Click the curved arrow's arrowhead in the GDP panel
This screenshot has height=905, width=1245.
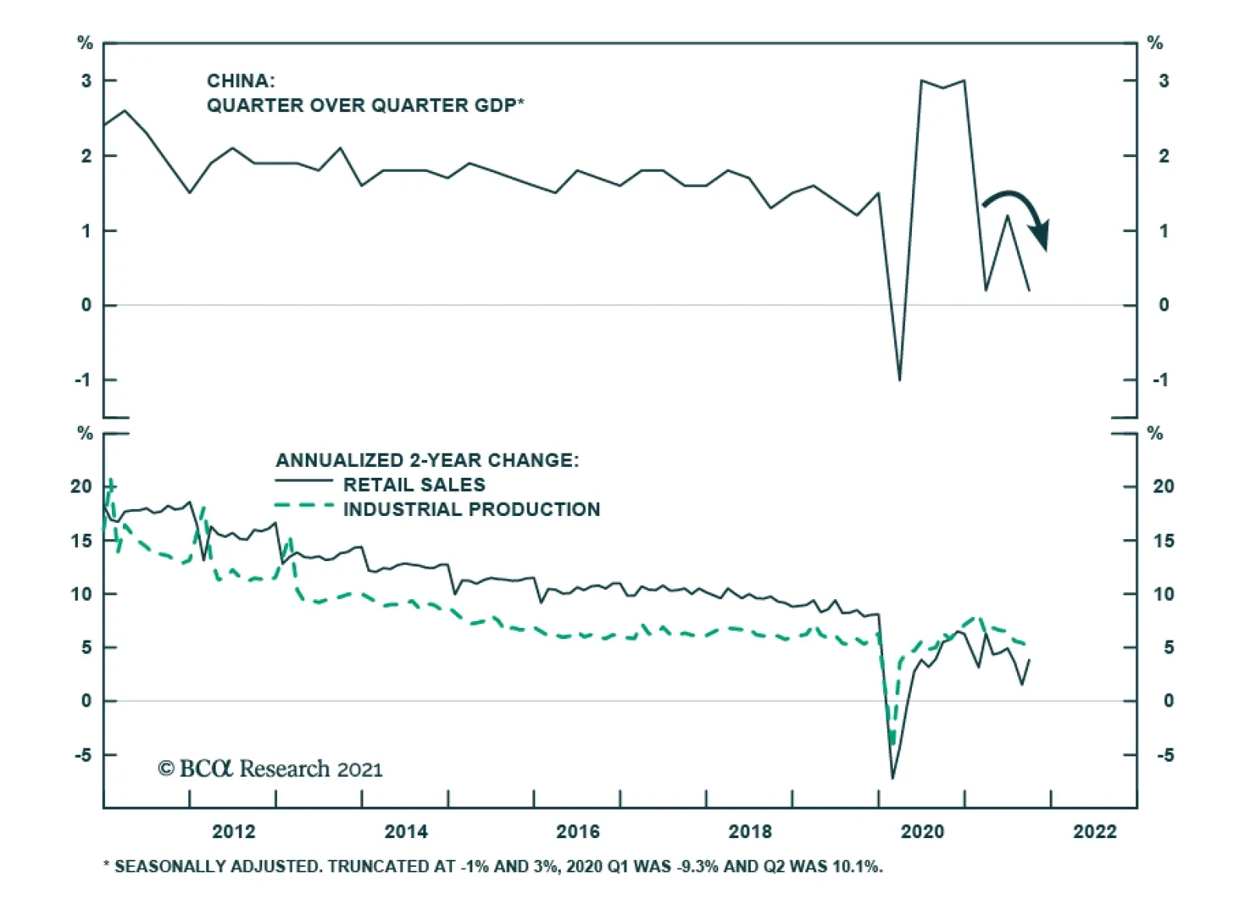click(1040, 234)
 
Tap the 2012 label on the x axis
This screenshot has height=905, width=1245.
click(233, 832)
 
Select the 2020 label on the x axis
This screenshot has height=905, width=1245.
click(922, 832)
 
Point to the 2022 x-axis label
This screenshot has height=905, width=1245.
click(1094, 832)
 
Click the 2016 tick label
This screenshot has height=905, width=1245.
click(577, 832)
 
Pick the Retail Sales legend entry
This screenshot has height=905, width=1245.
click(414, 485)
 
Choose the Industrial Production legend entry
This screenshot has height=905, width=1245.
click(472, 510)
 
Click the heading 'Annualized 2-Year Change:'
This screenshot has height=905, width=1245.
click(427, 460)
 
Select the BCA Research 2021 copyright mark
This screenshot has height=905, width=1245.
click(270, 769)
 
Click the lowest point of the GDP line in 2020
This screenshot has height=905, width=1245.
click(900, 380)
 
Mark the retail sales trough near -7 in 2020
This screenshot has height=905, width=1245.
click(893, 777)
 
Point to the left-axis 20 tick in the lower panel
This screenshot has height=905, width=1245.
click(82, 486)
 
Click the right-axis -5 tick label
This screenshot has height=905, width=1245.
click(1164, 756)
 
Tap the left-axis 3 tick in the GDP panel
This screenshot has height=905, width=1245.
click(86, 81)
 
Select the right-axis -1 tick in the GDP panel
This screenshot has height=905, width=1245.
click(1160, 381)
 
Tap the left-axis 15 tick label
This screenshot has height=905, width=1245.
click(82, 541)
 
